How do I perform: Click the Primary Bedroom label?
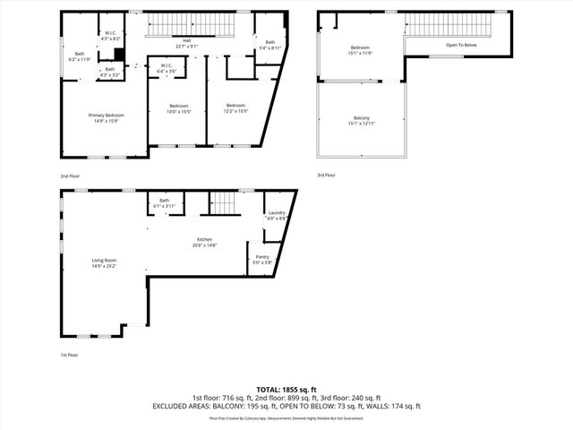point(106,117)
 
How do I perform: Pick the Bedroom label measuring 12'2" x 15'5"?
point(236,108)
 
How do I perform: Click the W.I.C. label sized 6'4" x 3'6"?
point(167,67)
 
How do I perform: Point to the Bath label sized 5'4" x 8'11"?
point(269,45)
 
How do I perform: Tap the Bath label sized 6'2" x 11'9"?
point(80,56)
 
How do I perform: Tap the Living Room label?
point(104,263)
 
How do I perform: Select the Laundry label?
point(276,215)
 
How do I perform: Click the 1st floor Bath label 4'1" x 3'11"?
point(164,203)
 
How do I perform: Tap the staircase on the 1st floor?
point(224,204)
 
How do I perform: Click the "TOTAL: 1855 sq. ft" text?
point(286,390)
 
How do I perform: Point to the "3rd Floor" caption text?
point(326,176)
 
